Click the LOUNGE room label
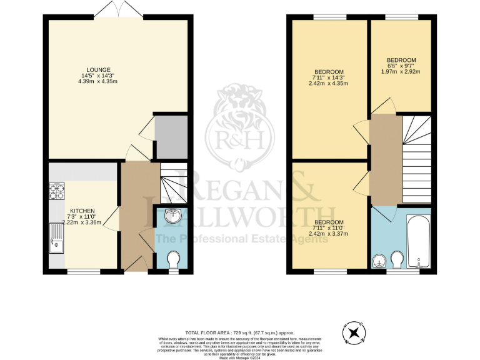[x=99, y=69]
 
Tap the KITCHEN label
[x=82, y=211]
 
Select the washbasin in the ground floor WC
[x=172, y=217]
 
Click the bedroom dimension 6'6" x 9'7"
[x=401, y=66]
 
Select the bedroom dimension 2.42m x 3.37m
[x=328, y=234]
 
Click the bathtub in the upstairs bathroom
[x=417, y=241]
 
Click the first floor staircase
[x=415, y=156]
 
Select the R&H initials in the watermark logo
[x=241, y=137]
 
